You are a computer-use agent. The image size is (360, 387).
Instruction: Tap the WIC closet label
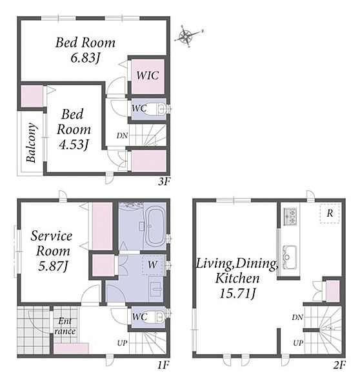pyautogui.click(x=147, y=75)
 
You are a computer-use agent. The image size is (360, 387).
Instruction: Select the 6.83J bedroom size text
pyautogui.click(x=85, y=58)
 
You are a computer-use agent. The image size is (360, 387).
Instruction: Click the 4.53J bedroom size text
pyautogui.click(x=74, y=144)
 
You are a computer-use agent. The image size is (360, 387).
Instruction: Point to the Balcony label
pyautogui.click(x=32, y=143)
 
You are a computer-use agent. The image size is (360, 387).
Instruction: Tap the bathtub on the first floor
pyautogui.click(x=155, y=226)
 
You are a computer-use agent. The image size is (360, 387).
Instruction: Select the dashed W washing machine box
pyautogui.click(x=152, y=265)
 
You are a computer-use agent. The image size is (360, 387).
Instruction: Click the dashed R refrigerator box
pyautogui.click(x=330, y=213)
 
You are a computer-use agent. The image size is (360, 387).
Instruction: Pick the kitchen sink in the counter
pyautogui.click(x=290, y=257)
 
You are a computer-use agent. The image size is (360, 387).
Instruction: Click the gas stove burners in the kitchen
pyautogui.click(x=290, y=217)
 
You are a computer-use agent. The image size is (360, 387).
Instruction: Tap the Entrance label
pyautogui.click(x=65, y=326)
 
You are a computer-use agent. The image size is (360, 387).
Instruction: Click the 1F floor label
pyautogui.click(x=163, y=365)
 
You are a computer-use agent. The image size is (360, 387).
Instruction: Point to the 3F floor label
pyautogui.click(x=165, y=182)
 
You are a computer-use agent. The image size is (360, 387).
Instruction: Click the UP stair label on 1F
pyautogui.click(x=122, y=343)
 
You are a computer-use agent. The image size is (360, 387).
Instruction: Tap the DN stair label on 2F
pyautogui.click(x=297, y=317)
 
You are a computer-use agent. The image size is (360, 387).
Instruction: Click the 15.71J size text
pyautogui.click(x=237, y=293)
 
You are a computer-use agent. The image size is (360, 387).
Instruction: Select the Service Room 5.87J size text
pyautogui.click(x=53, y=266)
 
